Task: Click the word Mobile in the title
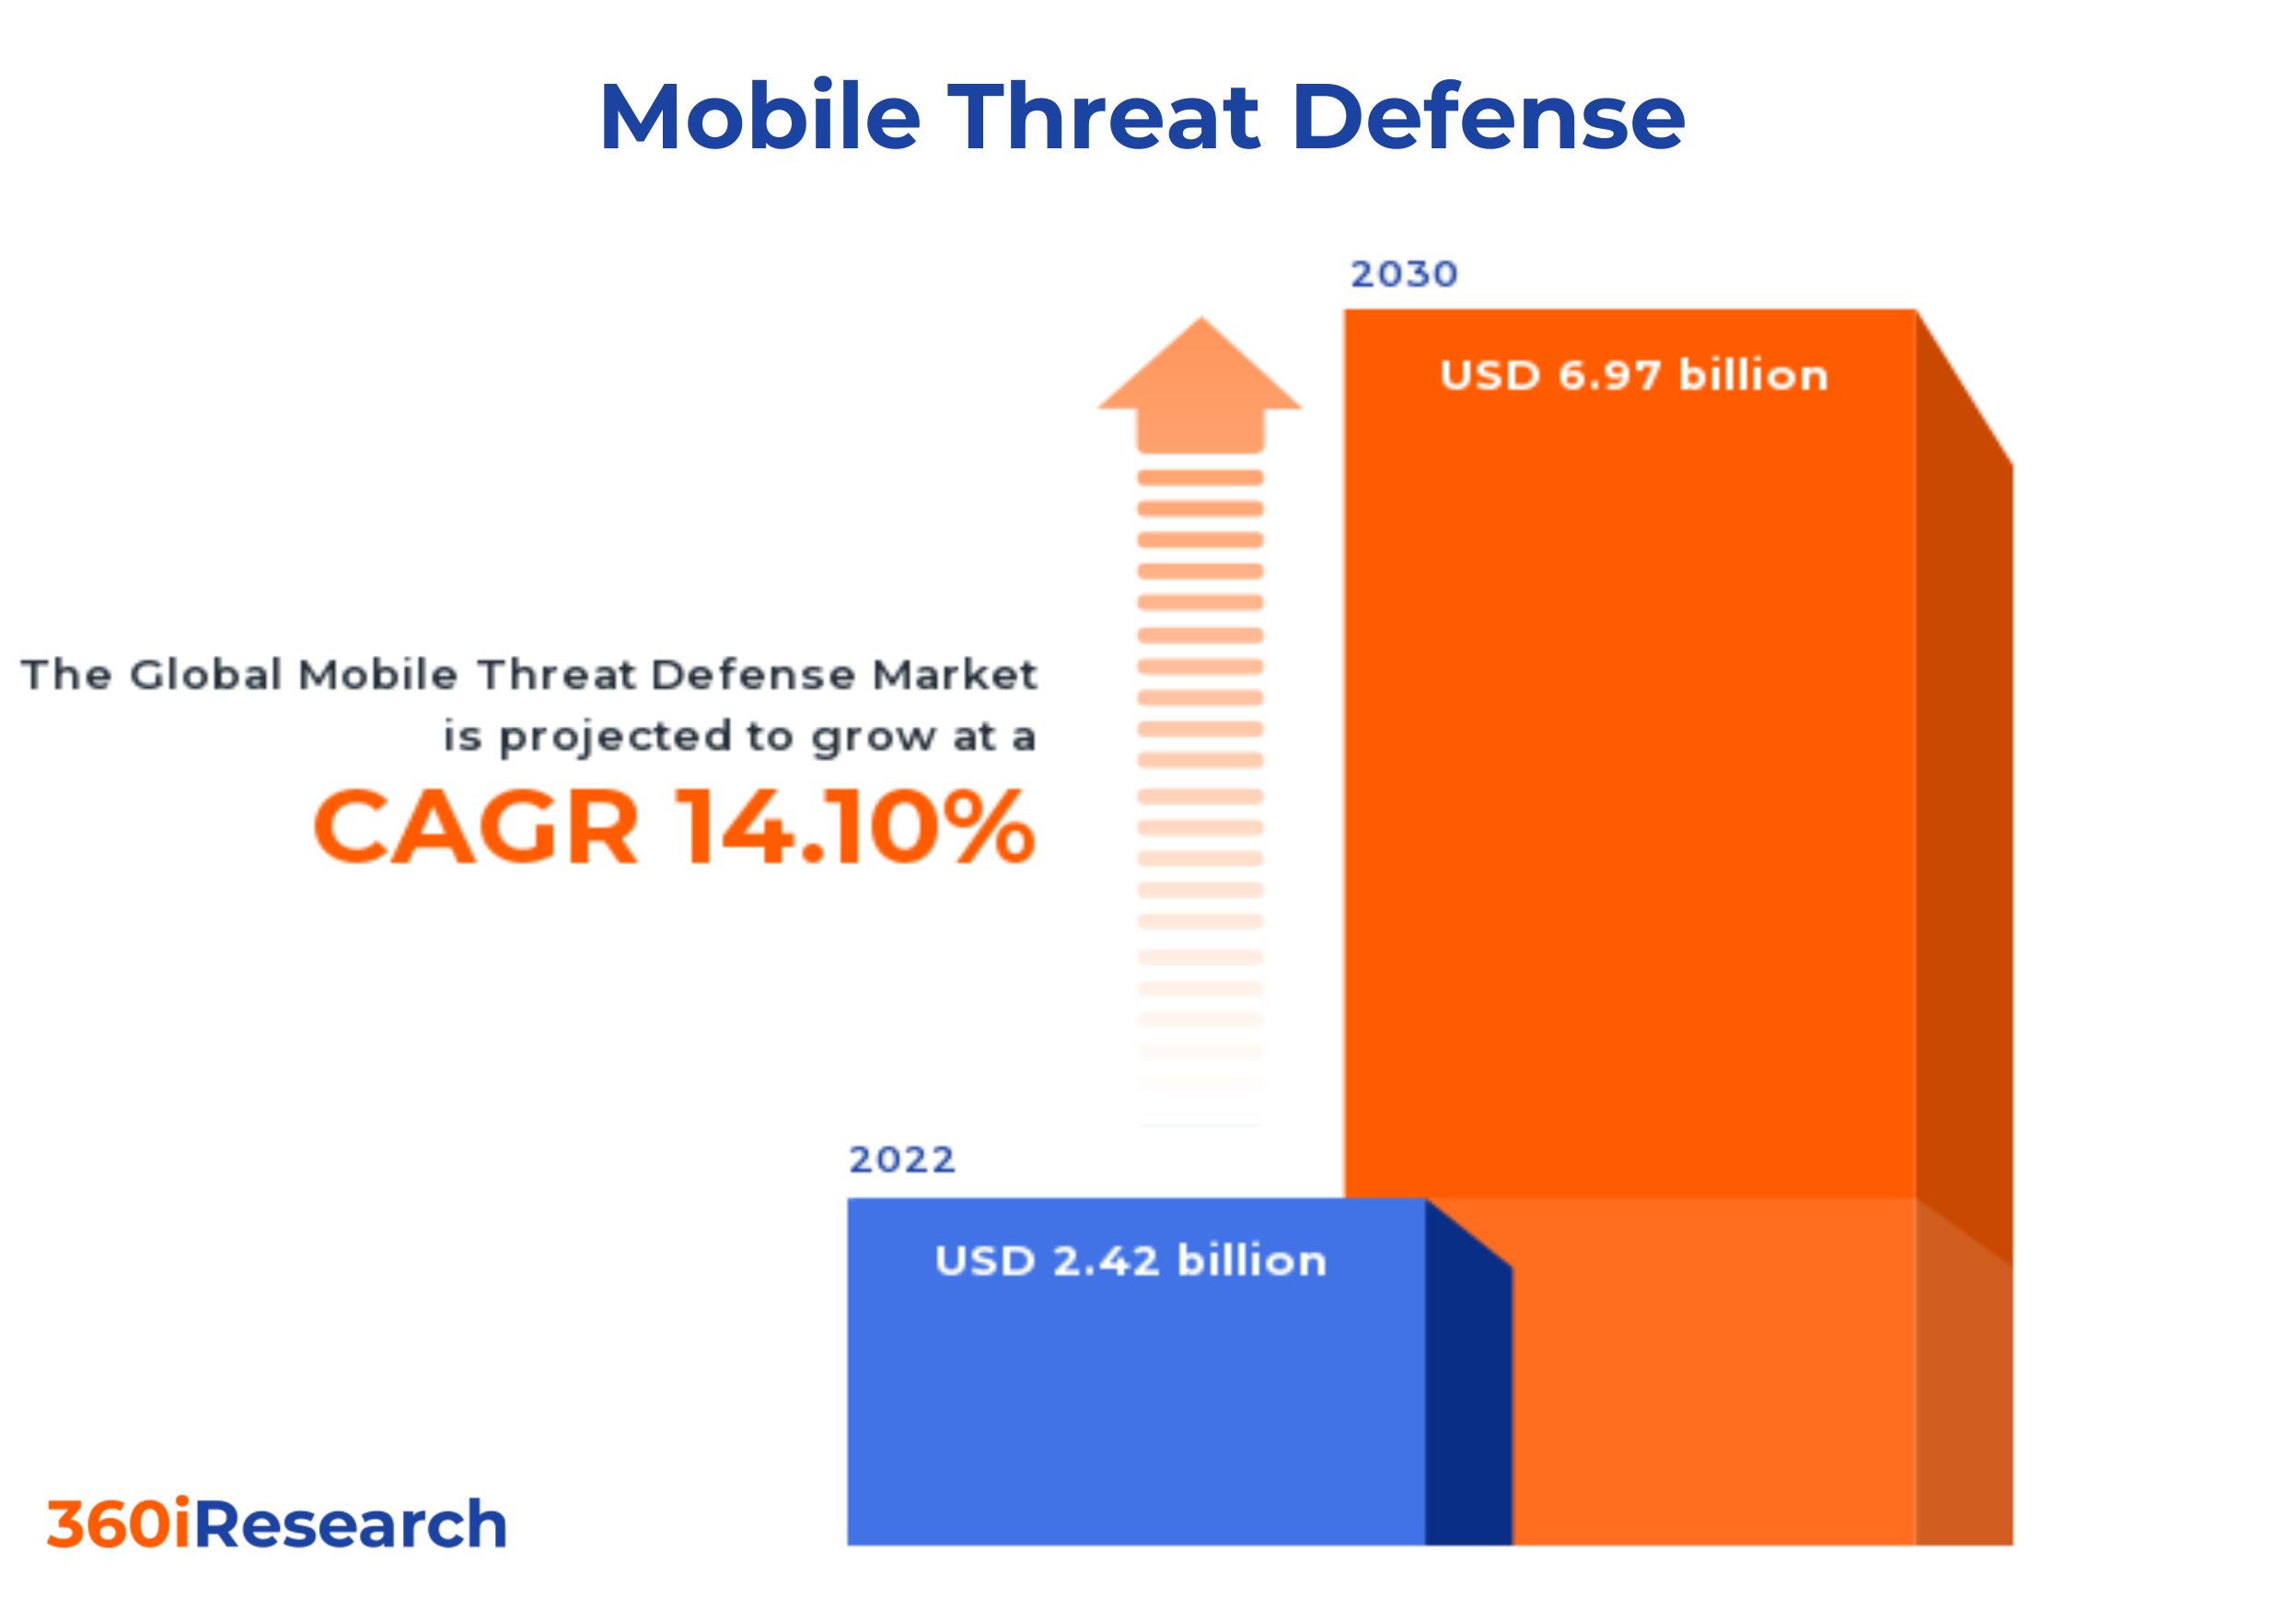click(x=760, y=117)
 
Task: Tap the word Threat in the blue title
click(x=1104, y=117)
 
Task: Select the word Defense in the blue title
click(x=1490, y=117)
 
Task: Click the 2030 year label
click(x=1404, y=274)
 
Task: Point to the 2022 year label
click(x=902, y=1160)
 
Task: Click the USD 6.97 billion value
click(x=1633, y=375)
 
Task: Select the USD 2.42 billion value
click(x=1131, y=1261)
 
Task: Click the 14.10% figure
click(x=855, y=826)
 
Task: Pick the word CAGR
click(x=476, y=826)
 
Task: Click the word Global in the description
click(x=206, y=674)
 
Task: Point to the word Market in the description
click(x=954, y=674)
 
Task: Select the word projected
click(x=615, y=737)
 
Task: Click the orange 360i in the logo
click(x=120, y=1524)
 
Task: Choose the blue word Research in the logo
click(x=350, y=1524)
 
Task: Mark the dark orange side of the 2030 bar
click(x=1964, y=796)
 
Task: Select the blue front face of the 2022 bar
click(x=1134, y=1413)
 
